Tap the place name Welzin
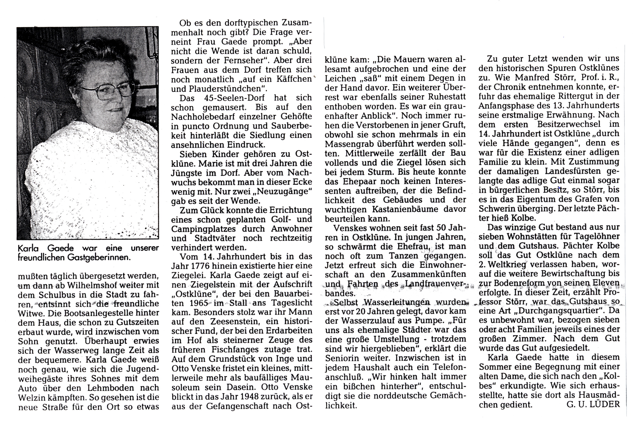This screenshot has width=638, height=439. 32,397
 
